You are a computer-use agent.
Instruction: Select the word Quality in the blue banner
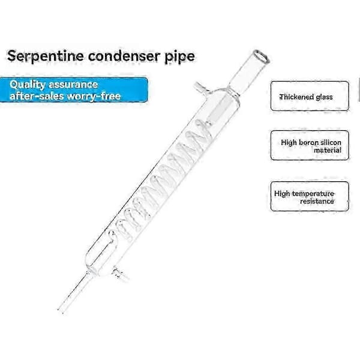click(28, 85)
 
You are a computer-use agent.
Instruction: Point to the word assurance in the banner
click(73, 85)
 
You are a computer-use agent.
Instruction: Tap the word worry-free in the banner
click(94, 97)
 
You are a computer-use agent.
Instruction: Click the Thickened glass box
click(310, 96)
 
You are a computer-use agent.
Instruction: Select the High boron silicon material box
click(310, 145)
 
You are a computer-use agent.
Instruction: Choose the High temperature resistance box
click(310, 196)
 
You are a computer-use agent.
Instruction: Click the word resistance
click(317, 202)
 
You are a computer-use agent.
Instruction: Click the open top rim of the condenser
click(262, 56)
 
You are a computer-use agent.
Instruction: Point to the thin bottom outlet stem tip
click(59, 311)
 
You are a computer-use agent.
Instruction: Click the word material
click(328, 151)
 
